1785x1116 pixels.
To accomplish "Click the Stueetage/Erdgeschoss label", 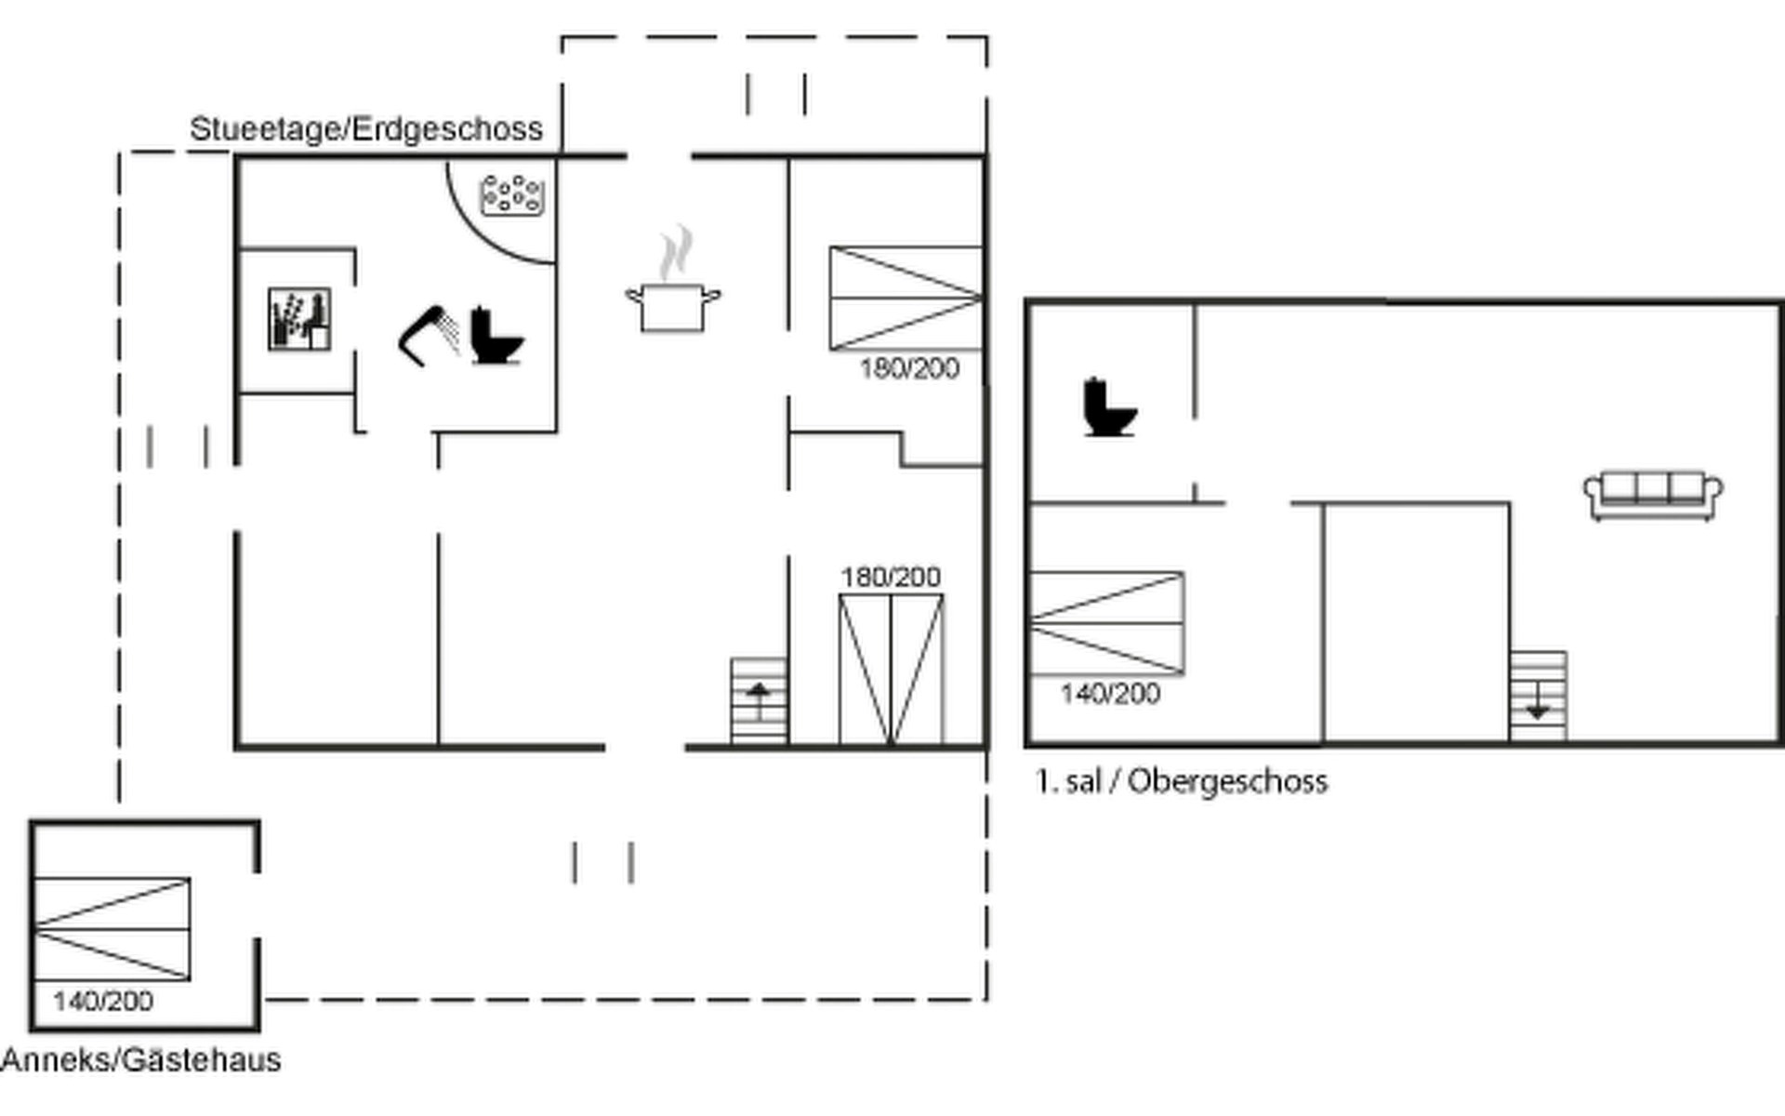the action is click(366, 128).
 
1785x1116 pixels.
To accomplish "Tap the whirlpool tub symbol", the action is click(511, 194).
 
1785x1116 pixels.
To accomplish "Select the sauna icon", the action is click(299, 319).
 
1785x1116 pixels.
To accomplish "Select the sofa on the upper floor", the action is click(1653, 496).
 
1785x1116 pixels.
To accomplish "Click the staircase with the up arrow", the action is click(759, 701).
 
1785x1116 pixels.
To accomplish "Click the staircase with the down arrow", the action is click(1538, 696).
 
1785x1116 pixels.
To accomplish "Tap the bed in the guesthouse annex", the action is click(112, 928).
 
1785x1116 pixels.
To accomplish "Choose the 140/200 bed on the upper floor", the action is click(1106, 622).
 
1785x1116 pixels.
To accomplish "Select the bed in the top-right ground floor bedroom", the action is click(906, 298).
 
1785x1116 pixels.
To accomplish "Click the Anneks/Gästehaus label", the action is click(141, 1060).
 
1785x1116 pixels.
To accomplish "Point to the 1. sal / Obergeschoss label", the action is click(1182, 781).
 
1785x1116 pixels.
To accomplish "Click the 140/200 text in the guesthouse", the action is click(103, 1002).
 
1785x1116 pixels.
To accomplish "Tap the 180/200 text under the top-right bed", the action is click(909, 369).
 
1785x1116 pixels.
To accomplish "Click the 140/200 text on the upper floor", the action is click(1110, 694).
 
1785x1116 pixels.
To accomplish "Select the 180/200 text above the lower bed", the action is click(891, 578).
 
